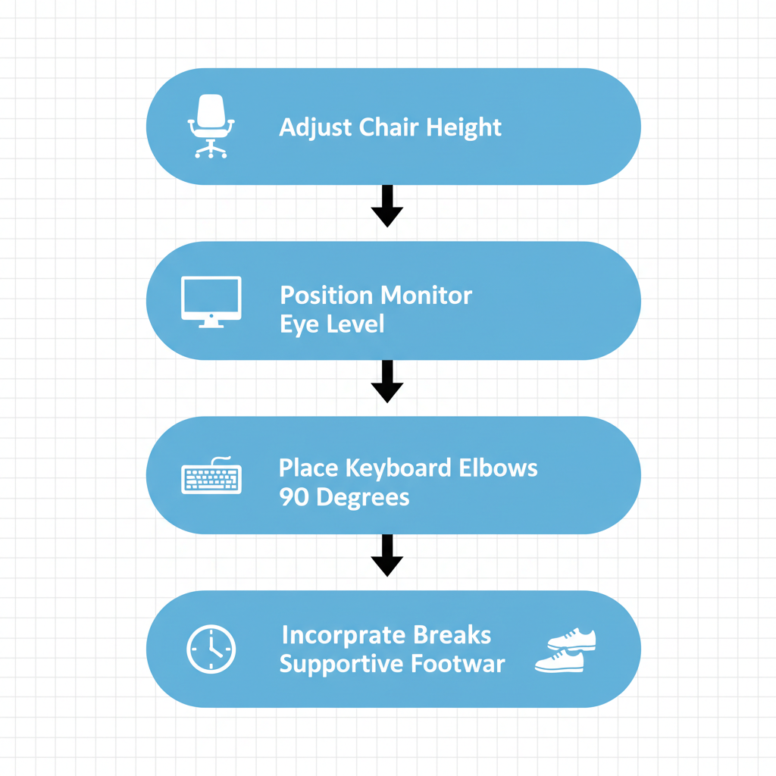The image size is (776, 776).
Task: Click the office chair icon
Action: point(211,127)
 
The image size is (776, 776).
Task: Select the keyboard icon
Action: point(211,476)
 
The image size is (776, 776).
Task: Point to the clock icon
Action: point(211,649)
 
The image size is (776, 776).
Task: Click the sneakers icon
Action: point(565,650)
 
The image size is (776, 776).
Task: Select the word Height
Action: point(464,127)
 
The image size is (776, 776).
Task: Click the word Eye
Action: point(297,324)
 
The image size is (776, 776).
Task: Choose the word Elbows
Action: point(498,468)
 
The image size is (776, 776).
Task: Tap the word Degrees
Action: point(362,498)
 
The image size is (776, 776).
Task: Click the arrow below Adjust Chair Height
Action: point(387,206)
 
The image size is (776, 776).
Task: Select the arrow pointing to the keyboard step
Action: point(387,381)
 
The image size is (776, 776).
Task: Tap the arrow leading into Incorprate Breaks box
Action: point(387,555)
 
